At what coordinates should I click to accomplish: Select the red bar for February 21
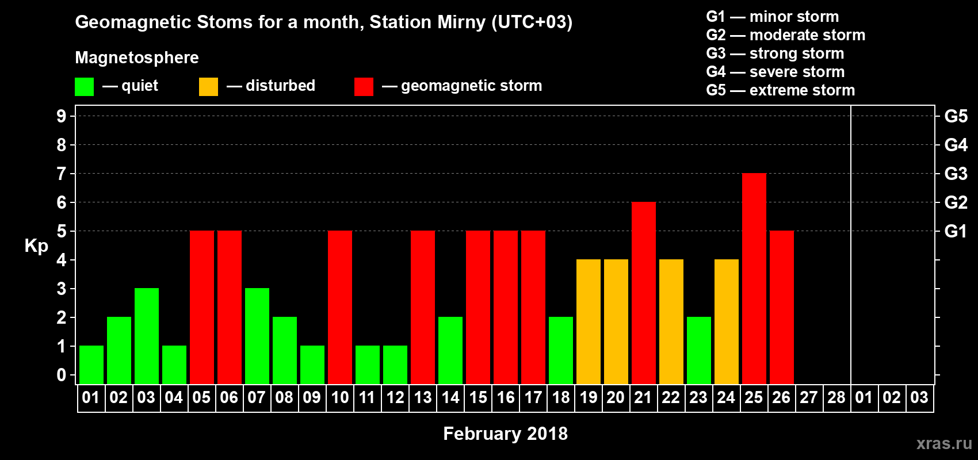pyautogui.click(x=644, y=293)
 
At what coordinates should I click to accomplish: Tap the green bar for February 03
pyautogui.click(x=147, y=336)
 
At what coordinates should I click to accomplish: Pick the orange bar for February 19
pyautogui.click(x=589, y=321)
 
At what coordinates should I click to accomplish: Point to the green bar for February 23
pyautogui.click(x=699, y=350)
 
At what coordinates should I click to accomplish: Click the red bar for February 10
pyautogui.click(x=340, y=307)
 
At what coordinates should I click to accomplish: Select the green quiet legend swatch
pyautogui.click(x=84, y=86)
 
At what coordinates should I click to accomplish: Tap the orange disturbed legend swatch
pyautogui.click(x=208, y=86)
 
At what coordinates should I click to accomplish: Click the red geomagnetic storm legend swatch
pyautogui.click(x=364, y=86)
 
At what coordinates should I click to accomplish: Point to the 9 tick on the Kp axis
pyautogui.click(x=61, y=116)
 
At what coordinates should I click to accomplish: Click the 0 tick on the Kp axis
pyautogui.click(x=61, y=375)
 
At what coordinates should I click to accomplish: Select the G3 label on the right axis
pyautogui.click(x=956, y=174)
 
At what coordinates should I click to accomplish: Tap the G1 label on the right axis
pyautogui.click(x=956, y=231)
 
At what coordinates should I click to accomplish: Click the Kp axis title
pyautogui.click(x=36, y=246)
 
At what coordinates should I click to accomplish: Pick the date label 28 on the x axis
pyautogui.click(x=836, y=397)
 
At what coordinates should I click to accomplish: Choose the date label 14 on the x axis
pyautogui.click(x=450, y=397)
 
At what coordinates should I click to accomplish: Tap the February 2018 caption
pyautogui.click(x=505, y=434)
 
